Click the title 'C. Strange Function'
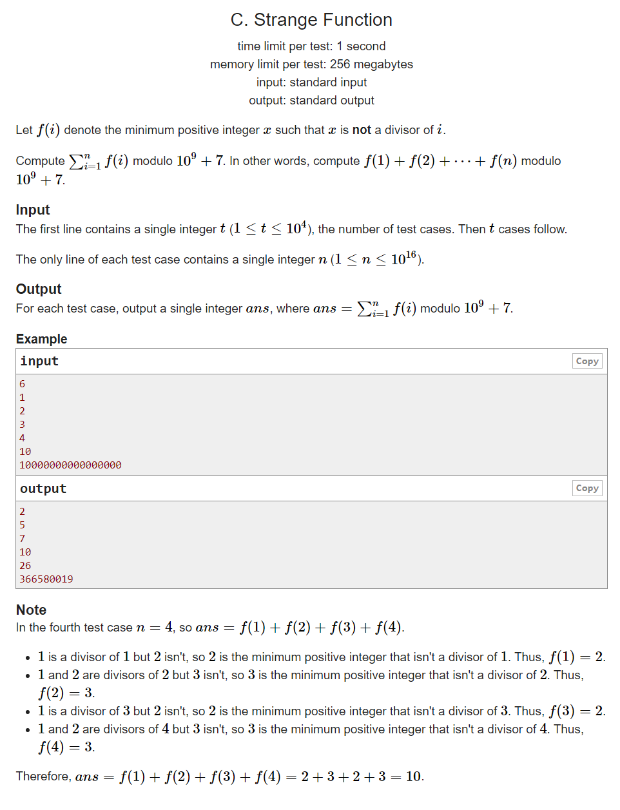(311, 20)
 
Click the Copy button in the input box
(586, 362)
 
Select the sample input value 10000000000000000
(70, 465)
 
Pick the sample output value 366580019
(46, 579)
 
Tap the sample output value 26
(25, 566)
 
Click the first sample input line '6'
(23, 384)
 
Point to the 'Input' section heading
(33, 210)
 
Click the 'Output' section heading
(39, 289)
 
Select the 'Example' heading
(41, 339)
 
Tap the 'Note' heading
(31, 610)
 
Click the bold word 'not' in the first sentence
(362, 130)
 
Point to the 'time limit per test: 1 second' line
(311, 46)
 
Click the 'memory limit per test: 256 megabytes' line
(311, 64)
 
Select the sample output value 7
(23, 539)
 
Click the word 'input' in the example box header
(39, 362)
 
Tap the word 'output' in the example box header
(43, 489)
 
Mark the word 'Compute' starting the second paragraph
(40, 161)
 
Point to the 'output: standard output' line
(311, 101)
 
